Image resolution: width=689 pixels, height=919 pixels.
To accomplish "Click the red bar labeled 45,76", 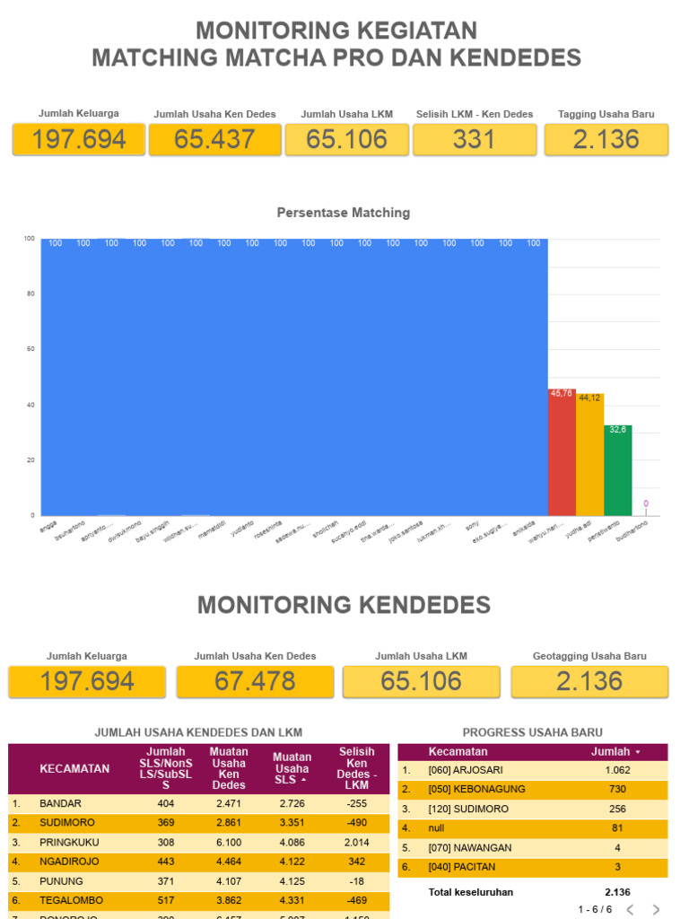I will [562, 452].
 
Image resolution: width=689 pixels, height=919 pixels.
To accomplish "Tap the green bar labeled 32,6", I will [618, 470].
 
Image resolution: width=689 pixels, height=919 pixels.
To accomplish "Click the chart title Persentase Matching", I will [344, 213].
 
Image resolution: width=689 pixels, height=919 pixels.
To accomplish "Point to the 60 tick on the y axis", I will [30, 349].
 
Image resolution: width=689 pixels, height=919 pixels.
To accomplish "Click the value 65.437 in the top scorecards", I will [214, 139].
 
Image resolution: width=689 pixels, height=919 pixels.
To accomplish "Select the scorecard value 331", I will [475, 139].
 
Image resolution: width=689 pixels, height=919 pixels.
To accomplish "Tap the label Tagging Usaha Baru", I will [606, 114].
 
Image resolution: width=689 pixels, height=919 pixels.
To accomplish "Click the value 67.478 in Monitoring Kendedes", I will [256, 681].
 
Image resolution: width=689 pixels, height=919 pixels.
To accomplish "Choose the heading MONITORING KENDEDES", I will [344, 605].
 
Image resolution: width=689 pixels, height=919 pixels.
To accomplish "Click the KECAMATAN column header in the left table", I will [74, 768].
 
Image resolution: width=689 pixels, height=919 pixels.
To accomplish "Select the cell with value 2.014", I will [357, 843].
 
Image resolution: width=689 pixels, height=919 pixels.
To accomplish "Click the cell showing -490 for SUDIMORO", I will [357, 823].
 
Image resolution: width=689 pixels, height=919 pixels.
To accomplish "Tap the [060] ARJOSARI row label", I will [466, 770].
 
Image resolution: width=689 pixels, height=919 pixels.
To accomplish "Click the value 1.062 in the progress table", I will [617, 770].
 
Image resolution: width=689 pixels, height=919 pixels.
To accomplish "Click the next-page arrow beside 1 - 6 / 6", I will [656, 909].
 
